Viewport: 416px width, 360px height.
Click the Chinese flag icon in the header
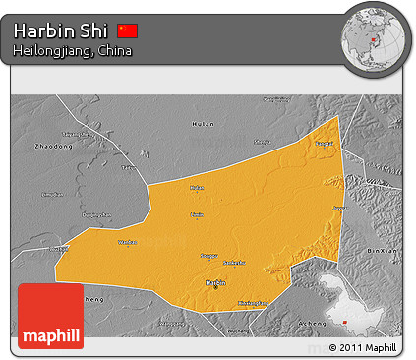click(127, 30)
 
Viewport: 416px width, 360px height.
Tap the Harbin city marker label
click(215, 282)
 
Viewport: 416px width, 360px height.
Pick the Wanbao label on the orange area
click(127, 241)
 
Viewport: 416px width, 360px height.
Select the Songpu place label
click(208, 255)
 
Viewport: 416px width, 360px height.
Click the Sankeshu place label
click(234, 263)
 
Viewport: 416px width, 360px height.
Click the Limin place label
click(197, 213)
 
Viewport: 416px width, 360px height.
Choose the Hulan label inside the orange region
click(197, 187)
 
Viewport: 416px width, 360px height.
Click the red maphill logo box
click(50, 316)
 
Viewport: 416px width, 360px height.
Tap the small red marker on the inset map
click(346, 319)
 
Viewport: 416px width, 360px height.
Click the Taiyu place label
click(128, 167)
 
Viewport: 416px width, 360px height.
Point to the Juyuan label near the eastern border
click(340, 209)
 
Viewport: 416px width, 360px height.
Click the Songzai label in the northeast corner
click(323, 143)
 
